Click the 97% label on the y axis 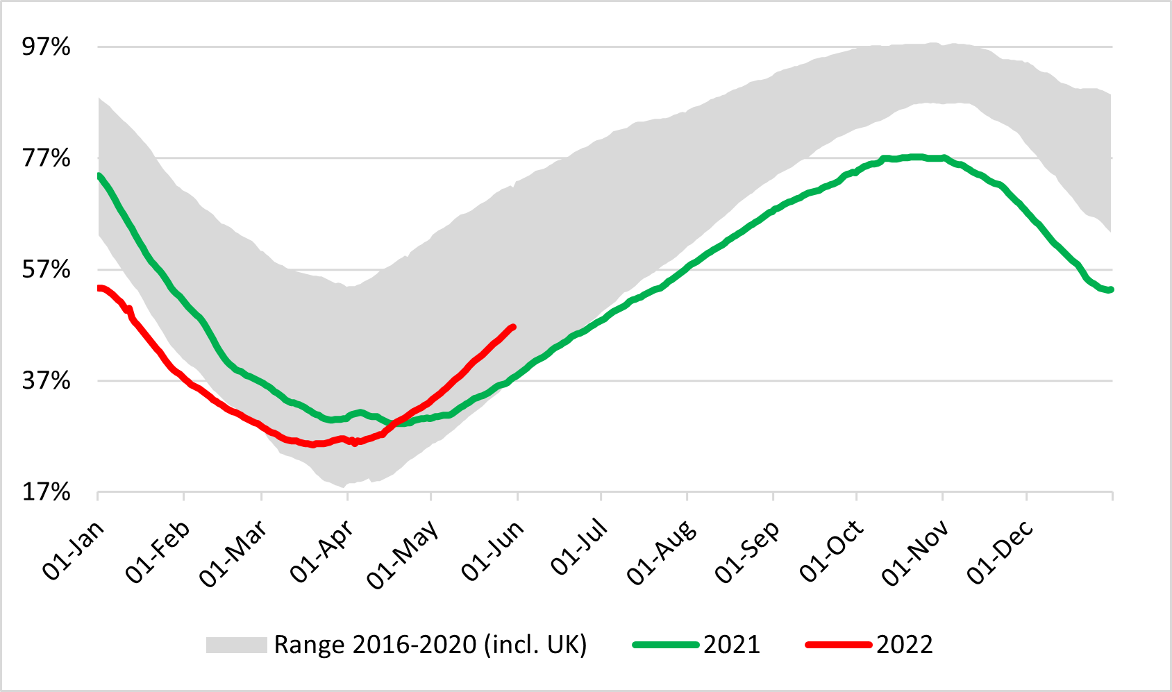(x=46, y=47)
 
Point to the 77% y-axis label (x=46, y=158)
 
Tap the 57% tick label (x=46, y=269)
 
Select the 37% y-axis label (x=46, y=380)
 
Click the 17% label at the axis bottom (x=46, y=492)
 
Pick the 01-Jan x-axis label (x=74, y=550)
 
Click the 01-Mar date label (x=233, y=554)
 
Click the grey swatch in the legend (x=236, y=645)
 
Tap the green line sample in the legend (x=665, y=645)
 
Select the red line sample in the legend (x=838, y=645)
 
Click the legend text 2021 (x=732, y=645)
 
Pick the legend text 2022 (x=904, y=645)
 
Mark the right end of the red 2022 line (x=514, y=326)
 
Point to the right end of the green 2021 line (x=1111, y=289)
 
